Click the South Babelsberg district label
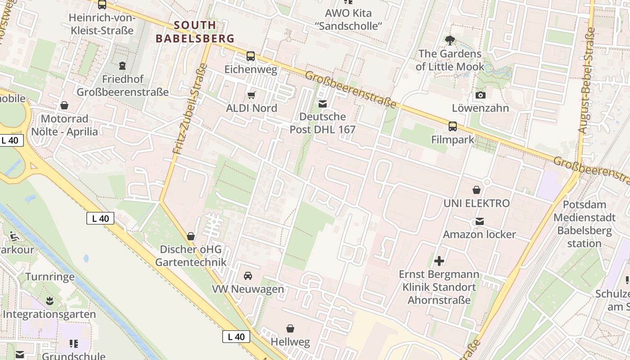click(x=195, y=31)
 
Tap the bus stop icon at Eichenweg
click(x=251, y=56)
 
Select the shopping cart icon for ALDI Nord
click(x=251, y=95)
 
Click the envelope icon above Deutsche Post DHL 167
click(x=322, y=104)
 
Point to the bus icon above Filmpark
click(x=452, y=126)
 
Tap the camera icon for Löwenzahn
click(x=480, y=95)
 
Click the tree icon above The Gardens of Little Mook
click(x=449, y=40)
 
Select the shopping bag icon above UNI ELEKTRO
click(x=477, y=190)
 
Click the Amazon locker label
click(x=479, y=234)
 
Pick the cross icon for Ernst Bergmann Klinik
click(x=439, y=261)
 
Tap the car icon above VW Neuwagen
click(x=248, y=275)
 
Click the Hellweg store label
click(x=290, y=342)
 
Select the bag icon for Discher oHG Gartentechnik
click(x=191, y=236)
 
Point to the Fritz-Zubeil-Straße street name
click(x=190, y=109)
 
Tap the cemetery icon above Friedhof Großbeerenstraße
click(x=122, y=66)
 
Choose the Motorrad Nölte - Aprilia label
click(x=64, y=125)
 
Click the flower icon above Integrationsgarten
click(x=49, y=300)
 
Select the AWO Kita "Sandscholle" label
click(x=348, y=19)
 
